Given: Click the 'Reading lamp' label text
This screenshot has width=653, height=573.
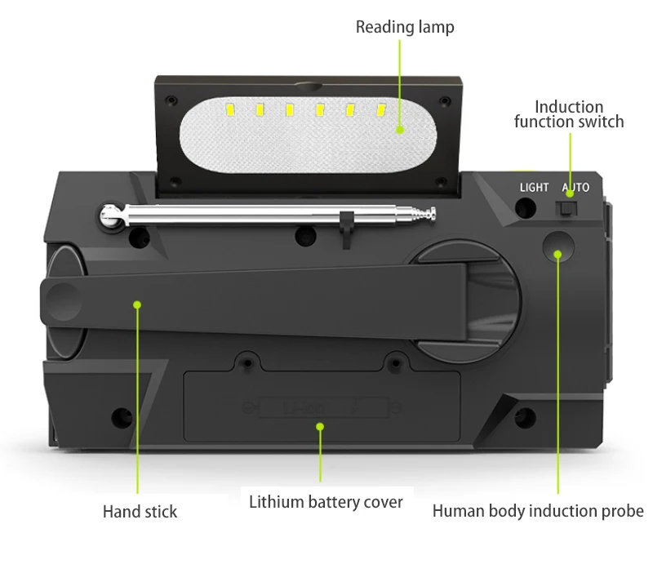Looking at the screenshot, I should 405,27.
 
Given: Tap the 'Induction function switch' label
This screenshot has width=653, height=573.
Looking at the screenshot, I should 569,114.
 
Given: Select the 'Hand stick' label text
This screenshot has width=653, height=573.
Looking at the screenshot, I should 140,513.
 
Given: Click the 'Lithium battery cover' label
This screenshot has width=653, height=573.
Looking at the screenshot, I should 326,501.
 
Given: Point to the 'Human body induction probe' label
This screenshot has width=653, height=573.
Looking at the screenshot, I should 538,512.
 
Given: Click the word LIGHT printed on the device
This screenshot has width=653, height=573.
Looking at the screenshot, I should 535,188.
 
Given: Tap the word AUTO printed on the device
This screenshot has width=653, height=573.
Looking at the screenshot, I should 575,188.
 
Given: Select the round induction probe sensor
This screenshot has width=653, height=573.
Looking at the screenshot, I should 559,247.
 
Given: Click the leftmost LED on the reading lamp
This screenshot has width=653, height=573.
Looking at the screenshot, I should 231,109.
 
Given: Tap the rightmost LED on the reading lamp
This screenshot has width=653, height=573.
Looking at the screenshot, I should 380,109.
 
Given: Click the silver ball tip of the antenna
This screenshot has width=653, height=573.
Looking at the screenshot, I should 108,215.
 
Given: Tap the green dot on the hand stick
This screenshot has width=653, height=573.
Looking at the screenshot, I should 137,304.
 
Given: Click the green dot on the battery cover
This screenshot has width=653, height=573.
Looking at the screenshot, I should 321,426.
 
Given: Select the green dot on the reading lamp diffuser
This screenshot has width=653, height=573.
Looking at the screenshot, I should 400,129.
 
